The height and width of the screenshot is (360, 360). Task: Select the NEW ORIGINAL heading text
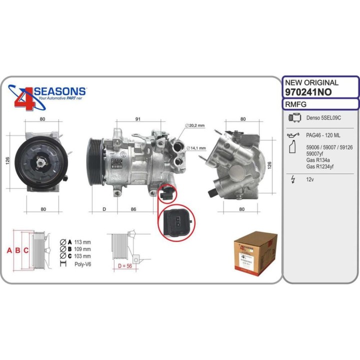click(x=311, y=82)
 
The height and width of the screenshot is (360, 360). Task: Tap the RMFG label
click(x=295, y=104)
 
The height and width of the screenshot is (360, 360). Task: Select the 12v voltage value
click(x=310, y=179)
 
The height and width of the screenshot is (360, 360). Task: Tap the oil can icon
click(x=294, y=135)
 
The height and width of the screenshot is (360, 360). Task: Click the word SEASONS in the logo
click(x=60, y=91)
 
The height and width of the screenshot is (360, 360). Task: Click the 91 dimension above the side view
click(x=137, y=119)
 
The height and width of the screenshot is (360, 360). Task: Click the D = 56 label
click(x=122, y=265)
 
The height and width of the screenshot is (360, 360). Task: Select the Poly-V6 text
click(x=82, y=263)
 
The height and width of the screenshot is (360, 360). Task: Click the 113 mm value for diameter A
click(x=82, y=241)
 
